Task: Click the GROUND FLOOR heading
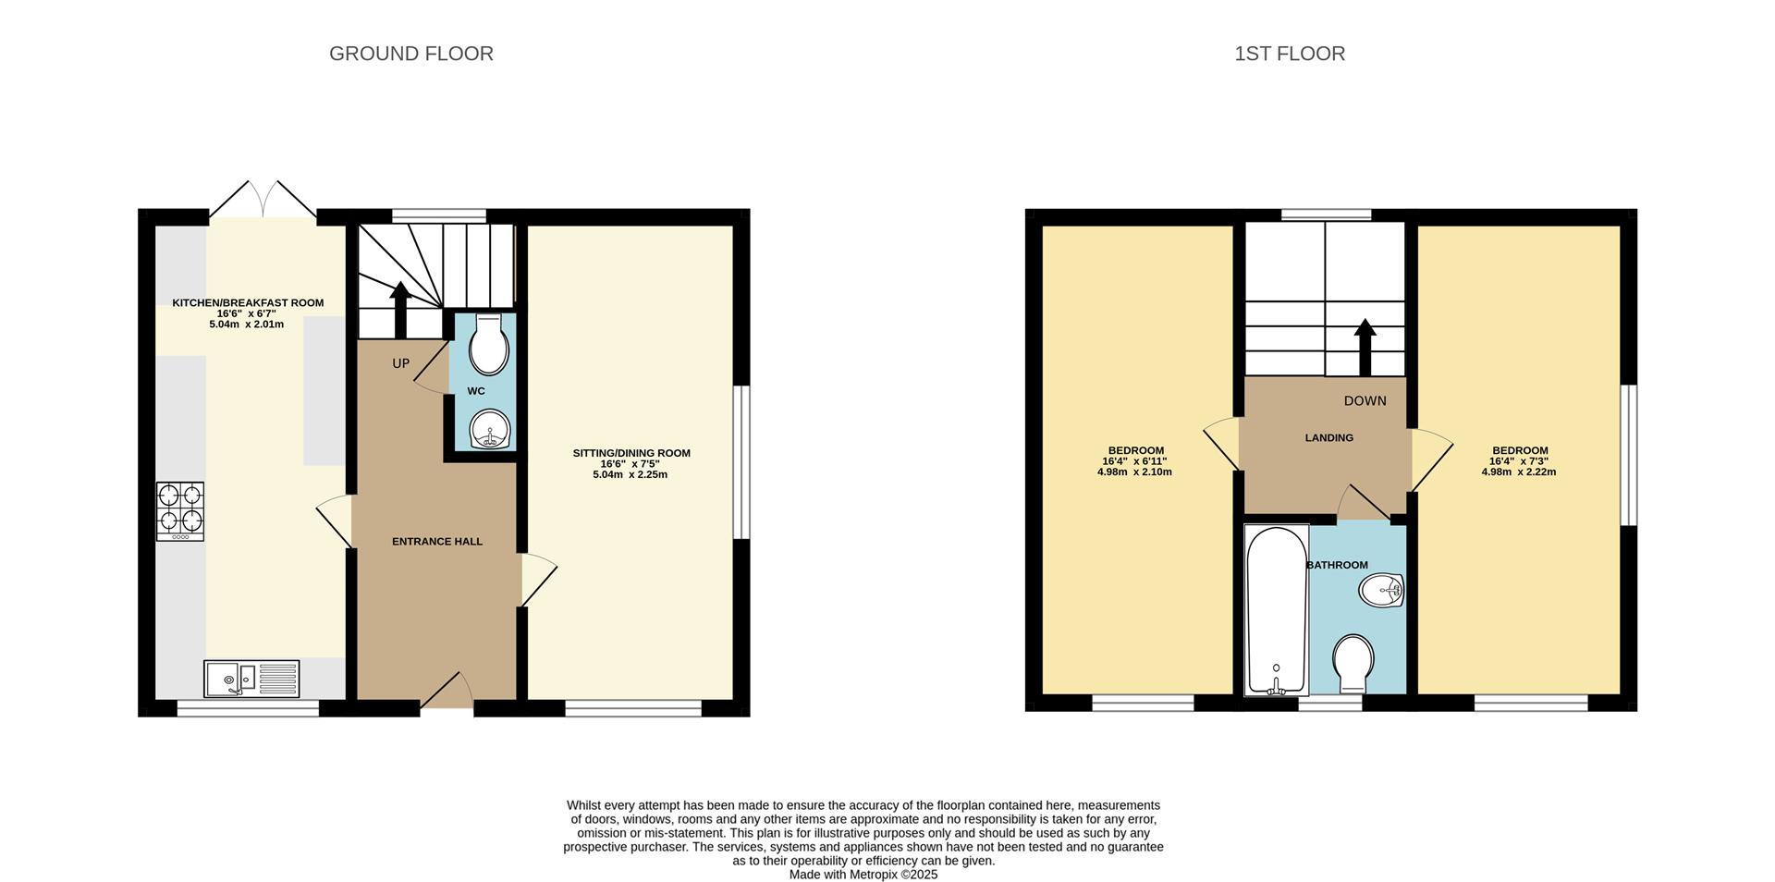pos(411,54)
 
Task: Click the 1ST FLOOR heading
pos(1290,54)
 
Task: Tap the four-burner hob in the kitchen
pos(180,511)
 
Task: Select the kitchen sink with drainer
pos(251,679)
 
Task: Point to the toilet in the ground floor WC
pos(488,344)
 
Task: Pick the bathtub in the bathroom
pos(1277,610)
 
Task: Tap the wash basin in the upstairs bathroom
pos(1382,589)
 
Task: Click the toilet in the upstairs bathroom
pos(1353,663)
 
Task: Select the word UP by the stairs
pos(400,363)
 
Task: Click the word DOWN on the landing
pos(1365,400)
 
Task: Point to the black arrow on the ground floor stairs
pos(400,310)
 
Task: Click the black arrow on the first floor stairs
pos(1365,348)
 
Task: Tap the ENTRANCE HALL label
pos(437,542)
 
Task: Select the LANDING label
pos(1329,438)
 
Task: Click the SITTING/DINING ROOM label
pos(631,453)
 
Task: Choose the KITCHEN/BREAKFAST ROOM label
pos(248,302)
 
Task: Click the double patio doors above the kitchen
pos(263,199)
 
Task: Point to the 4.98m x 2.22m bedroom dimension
pos(1519,472)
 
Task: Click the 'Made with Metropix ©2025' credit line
pos(863,875)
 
